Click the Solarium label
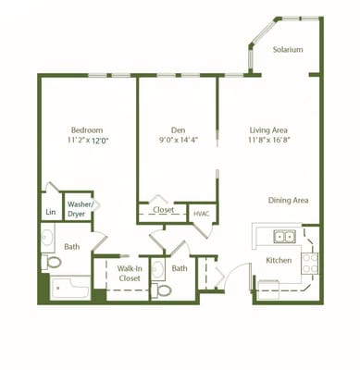point(288,50)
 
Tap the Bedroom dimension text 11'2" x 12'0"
point(89,141)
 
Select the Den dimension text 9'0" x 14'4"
point(178,140)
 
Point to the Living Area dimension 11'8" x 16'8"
point(268,140)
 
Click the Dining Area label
point(288,201)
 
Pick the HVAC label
point(202,214)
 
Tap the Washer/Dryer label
point(80,209)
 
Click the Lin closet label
point(51,212)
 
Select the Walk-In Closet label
point(130,274)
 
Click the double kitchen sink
point(284,237)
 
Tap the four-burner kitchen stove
point(309,263)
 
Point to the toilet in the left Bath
point(51,262)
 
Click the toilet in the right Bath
point(161,290)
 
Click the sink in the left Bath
point(47,238)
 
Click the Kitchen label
point(279,261)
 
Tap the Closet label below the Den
point(164,210)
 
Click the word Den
point(179,130)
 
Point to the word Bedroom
point(87,130)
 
